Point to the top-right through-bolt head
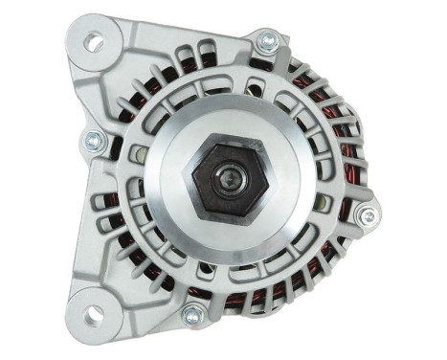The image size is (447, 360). tap(268, 41)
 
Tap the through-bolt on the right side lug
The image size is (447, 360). tap(363, 216)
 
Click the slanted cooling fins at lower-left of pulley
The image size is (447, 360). tap(144, 249)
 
